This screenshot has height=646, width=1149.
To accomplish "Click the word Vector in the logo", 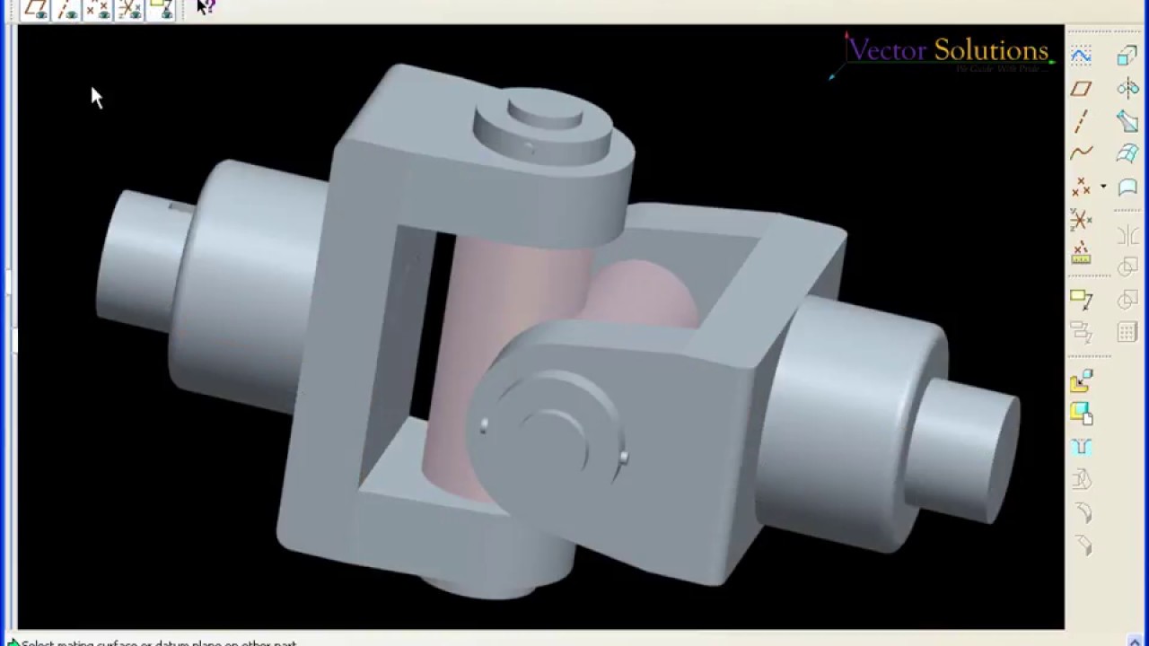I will (887, 50).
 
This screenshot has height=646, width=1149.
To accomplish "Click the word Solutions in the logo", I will (990, 50).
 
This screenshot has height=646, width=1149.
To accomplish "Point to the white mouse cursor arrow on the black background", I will (96, 97).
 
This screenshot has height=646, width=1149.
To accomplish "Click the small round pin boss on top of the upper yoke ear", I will (544, 112).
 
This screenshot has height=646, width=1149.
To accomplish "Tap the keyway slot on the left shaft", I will (180, 207).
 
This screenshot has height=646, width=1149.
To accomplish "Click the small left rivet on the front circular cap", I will (485, 425).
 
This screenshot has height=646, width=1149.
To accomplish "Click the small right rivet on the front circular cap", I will (624, 458).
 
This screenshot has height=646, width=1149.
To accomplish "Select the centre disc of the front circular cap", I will (549, 440).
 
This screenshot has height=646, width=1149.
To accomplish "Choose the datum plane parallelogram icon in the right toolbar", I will (1081, 88).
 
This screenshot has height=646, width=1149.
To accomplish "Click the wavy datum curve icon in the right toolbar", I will (1081, 153).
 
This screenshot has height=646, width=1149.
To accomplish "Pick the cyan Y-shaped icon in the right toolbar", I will (1081, 447).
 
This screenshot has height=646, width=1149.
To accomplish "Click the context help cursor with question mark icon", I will (206, 8).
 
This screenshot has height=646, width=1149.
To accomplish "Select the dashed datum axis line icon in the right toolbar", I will (1081, 121).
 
